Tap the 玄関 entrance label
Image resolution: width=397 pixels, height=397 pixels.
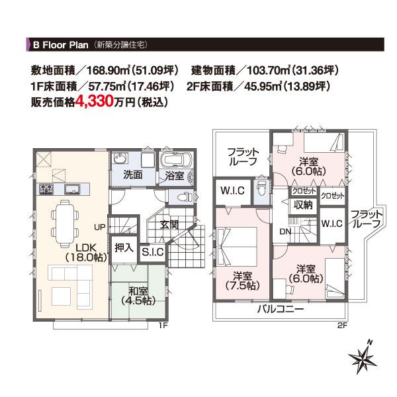(x=169, y=224)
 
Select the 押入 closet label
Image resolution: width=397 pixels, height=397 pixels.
(x=124, y=249)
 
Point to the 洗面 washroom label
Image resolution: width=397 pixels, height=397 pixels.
(x=133, y=175)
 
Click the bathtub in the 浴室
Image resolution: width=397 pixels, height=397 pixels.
(x=176, y=162)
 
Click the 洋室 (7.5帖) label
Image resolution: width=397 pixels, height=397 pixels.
(x=243, y=280)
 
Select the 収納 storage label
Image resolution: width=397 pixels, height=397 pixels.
(x=303, y=204)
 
